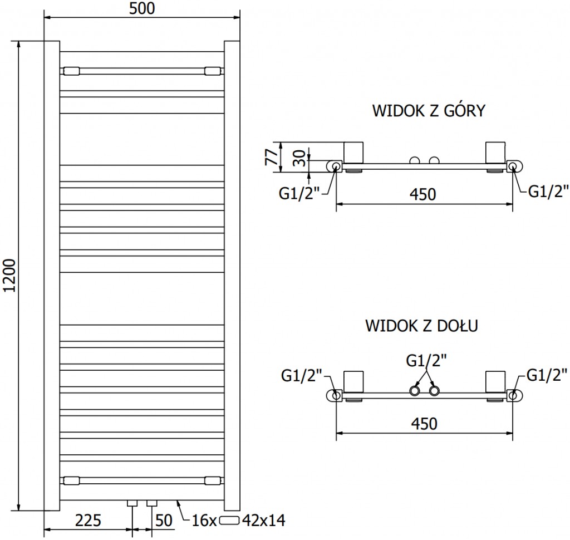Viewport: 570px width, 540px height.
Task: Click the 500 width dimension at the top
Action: [x=142, y=8]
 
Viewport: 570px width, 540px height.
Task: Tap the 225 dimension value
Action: [x=87, y=521]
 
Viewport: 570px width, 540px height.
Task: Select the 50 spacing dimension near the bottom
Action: [x=163, y=521]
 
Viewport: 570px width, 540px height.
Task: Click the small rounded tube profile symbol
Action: [x=230, y=521]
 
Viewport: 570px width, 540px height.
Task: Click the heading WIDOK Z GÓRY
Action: [x=429, y=111]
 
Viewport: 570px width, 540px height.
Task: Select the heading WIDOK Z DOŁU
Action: [x=422, y=325]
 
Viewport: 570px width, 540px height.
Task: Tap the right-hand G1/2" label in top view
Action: [x=548, y=192]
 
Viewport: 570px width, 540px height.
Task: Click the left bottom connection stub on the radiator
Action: [x=132, y=504]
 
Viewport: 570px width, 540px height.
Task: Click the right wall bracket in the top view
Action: [x=496, y=153]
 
